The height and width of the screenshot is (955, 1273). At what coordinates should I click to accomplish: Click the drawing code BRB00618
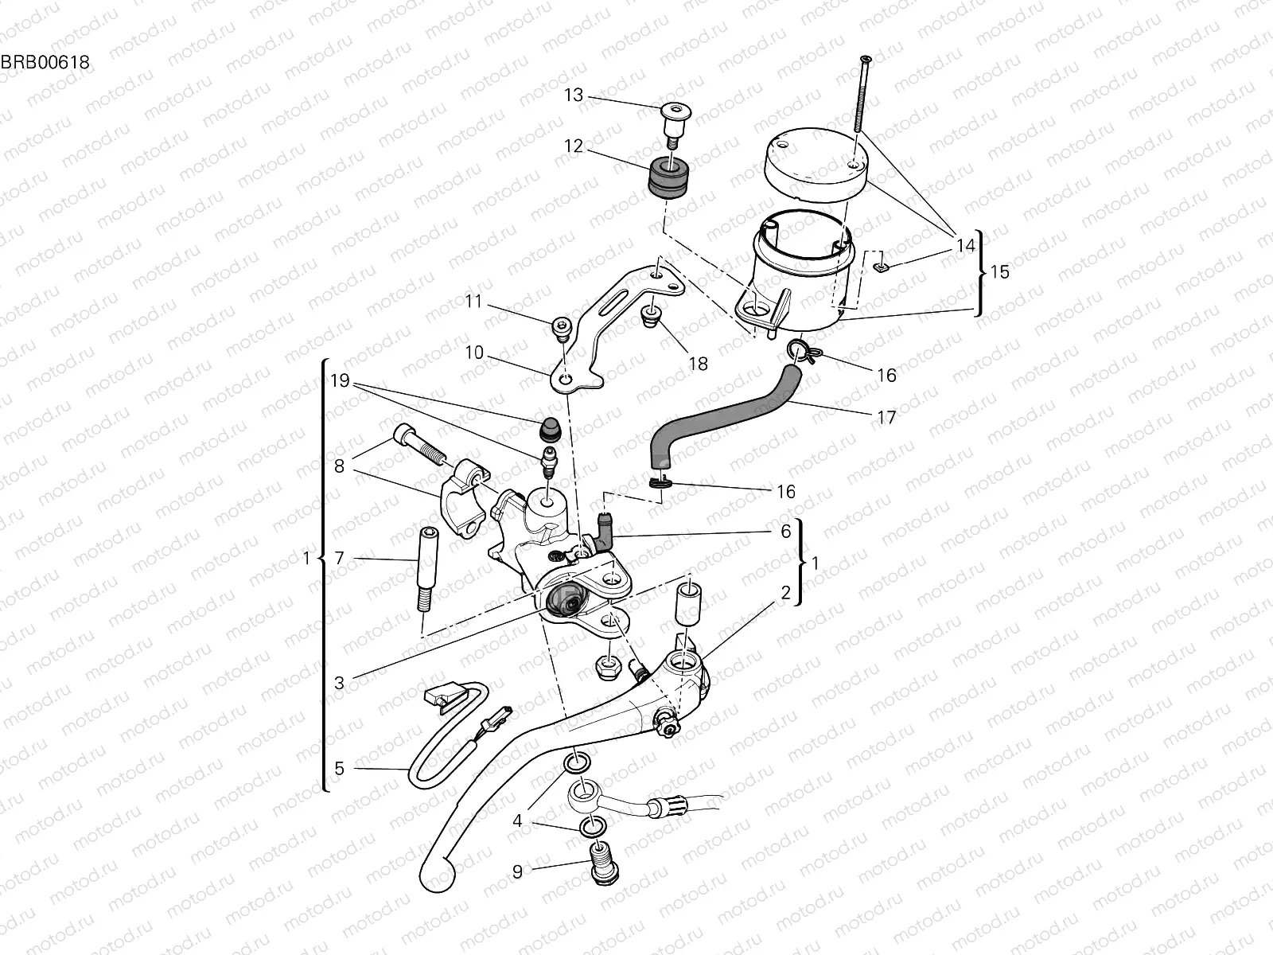pyautogui.click(x=45, y=61)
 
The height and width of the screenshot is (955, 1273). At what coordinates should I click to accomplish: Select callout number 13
pyautogui.click(x=574, y=95)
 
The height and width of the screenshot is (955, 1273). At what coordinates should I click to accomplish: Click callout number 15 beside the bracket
pyautogui.click(x=999, y=272)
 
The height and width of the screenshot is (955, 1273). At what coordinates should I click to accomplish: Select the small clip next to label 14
pyautogui.click(x=879, y=267)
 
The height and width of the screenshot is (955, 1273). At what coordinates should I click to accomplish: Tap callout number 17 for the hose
pyautogui.click(x=886, y=417)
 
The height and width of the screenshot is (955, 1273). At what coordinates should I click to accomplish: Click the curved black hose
pyautogui.click(x=716, y=414)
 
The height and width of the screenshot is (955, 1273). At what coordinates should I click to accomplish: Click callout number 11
pyautogui.click(x=474, y=302)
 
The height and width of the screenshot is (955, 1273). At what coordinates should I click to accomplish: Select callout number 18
pyautogui.click(x=698, y=364)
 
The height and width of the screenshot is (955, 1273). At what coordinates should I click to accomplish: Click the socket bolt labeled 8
pyautogui.click(x=418, y=446)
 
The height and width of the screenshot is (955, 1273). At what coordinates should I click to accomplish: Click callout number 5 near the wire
pyautogui.click(x=339, y=768)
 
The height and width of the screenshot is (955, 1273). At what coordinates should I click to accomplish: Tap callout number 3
pyautogui.click(x=339, y=683)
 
